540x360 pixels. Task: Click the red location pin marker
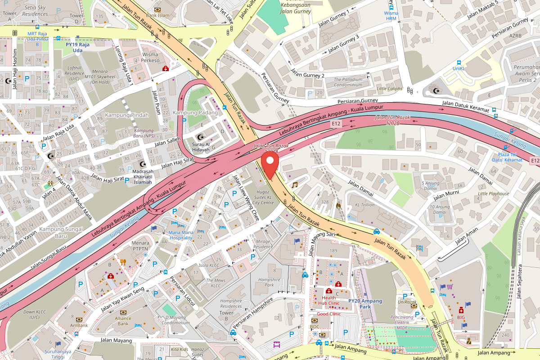[270, 166]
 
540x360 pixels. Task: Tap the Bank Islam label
[157, 15]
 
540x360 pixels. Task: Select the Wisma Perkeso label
[150, 57]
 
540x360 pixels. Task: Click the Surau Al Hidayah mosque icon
[200, 137]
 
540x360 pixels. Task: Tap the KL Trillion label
[364, 205]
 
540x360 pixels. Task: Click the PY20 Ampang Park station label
[365, 304]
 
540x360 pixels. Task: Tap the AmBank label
[79, 325]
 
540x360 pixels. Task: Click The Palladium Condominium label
[348, 82]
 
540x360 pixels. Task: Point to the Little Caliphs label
[389, 89]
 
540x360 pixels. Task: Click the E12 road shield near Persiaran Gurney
[336, 123]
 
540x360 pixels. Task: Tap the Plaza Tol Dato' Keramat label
[507, 157]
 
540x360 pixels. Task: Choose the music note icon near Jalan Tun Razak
[295, 184]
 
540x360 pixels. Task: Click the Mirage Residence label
[263, 244]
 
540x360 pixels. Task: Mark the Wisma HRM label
[391, 16]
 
